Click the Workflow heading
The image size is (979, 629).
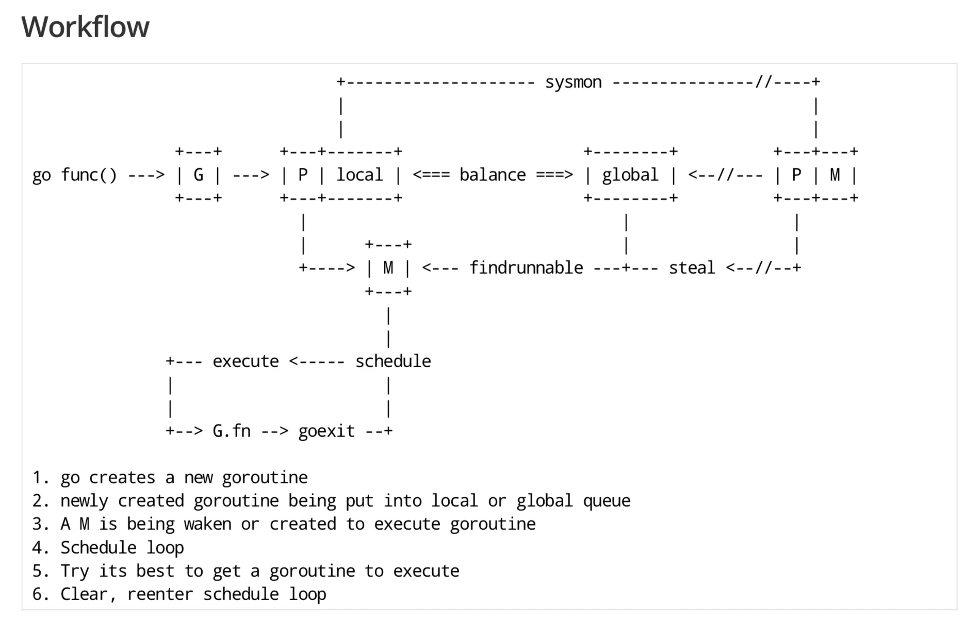(x=85, y=27)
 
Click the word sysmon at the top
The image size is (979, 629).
(x=573, y=82)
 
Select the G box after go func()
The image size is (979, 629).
(x=199, y=175)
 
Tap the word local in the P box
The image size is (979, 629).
(x=360, y=175)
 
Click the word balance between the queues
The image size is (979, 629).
(x=492, y=175)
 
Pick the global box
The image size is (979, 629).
(x=630, y=175)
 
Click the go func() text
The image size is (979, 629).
(x=74, y=175)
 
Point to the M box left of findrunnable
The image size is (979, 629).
(x=388, y=268)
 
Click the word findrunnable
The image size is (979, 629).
(x=526, y=268)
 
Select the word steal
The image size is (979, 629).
(x=692, y=268)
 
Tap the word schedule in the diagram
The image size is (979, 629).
(x=393, y=361)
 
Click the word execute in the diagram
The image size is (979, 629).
(x=246, y=361)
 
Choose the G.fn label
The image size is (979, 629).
(x=231, y=431)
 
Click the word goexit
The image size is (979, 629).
(x=327, y=431)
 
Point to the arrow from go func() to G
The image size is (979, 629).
(x=146, y=176)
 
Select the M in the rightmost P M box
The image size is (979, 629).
(x=835, y=175)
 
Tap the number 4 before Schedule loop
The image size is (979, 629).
(x=37, y=547)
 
